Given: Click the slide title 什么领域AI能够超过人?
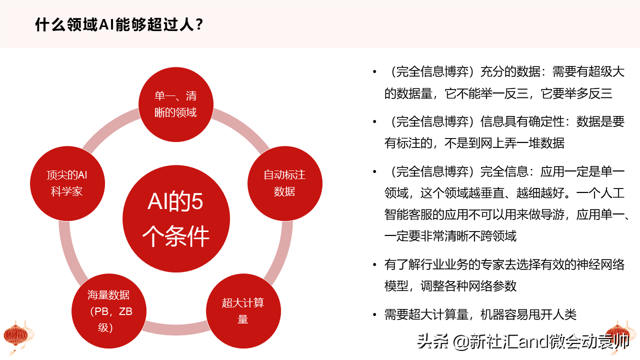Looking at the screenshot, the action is click(119, 24).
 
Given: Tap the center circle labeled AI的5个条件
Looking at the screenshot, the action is click(176, 218).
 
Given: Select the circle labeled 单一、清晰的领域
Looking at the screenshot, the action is click(176, 104).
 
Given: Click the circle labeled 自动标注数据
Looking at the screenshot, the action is click(285, 183).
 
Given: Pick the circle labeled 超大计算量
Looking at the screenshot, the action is click(243, 311).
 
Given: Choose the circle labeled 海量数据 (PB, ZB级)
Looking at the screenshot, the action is click(109, 311).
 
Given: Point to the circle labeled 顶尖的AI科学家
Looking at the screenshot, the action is click(67, 183).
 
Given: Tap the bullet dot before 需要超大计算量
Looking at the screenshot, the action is click(374, 315).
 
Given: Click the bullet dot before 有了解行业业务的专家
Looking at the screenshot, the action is click(374, 265).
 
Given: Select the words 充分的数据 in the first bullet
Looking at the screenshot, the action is click(510, 71).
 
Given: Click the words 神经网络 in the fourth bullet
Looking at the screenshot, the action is click(600, 264).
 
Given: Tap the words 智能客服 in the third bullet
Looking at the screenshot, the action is click(408, 214).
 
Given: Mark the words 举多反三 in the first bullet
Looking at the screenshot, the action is click(588, 93).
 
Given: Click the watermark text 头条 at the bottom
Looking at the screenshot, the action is click(432, 341).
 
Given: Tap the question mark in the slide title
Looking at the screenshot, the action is click(199, 25).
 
